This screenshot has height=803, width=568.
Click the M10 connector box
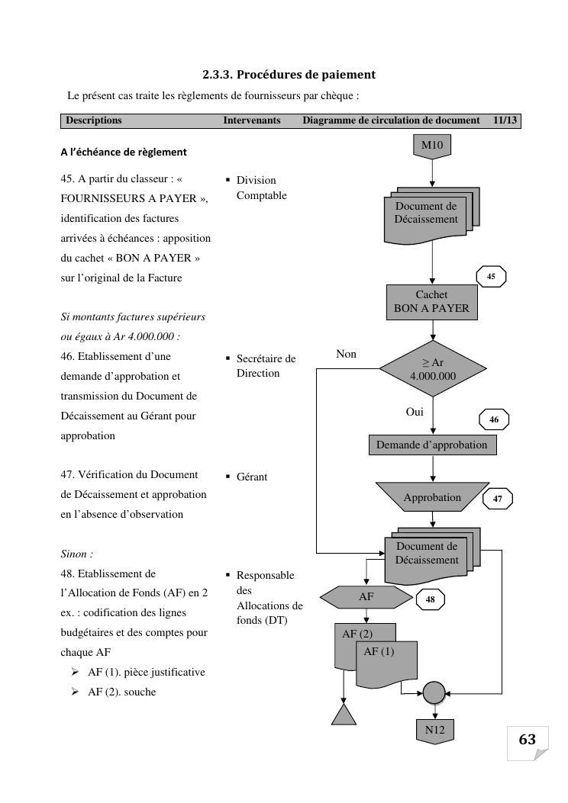432,144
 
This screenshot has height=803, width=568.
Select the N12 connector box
434,730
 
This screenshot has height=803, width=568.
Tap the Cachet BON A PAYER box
431,302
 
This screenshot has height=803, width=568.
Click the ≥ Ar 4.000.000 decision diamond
433,369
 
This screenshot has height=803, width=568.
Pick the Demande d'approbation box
431,445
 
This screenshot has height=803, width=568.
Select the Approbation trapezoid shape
432,497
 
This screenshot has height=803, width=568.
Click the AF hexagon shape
366,597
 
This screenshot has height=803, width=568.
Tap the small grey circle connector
434,692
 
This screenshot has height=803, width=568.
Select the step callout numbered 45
491,277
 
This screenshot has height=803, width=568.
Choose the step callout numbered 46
494,419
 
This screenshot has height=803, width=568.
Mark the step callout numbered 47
498,499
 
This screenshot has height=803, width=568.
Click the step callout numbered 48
430,600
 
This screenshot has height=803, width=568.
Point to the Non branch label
346,354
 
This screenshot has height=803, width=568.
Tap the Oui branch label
415,412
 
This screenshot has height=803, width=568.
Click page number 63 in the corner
528,740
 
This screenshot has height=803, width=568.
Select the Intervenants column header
252,120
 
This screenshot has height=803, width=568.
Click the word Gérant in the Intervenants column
252,477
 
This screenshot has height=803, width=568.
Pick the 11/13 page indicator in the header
505,120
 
